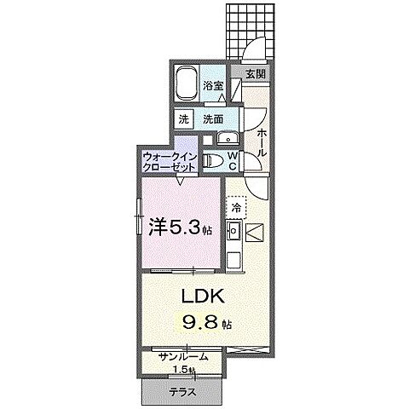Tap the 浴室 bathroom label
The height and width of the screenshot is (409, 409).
(213, 86)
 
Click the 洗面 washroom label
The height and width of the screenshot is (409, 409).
(212, 118)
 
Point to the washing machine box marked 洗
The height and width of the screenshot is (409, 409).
(184, 118)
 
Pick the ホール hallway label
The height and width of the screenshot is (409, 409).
(261, 138)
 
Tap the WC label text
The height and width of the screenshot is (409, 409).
(232, 161)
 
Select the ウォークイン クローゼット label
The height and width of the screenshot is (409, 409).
(170, 162)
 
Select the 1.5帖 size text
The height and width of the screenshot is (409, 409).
(182, 369)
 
